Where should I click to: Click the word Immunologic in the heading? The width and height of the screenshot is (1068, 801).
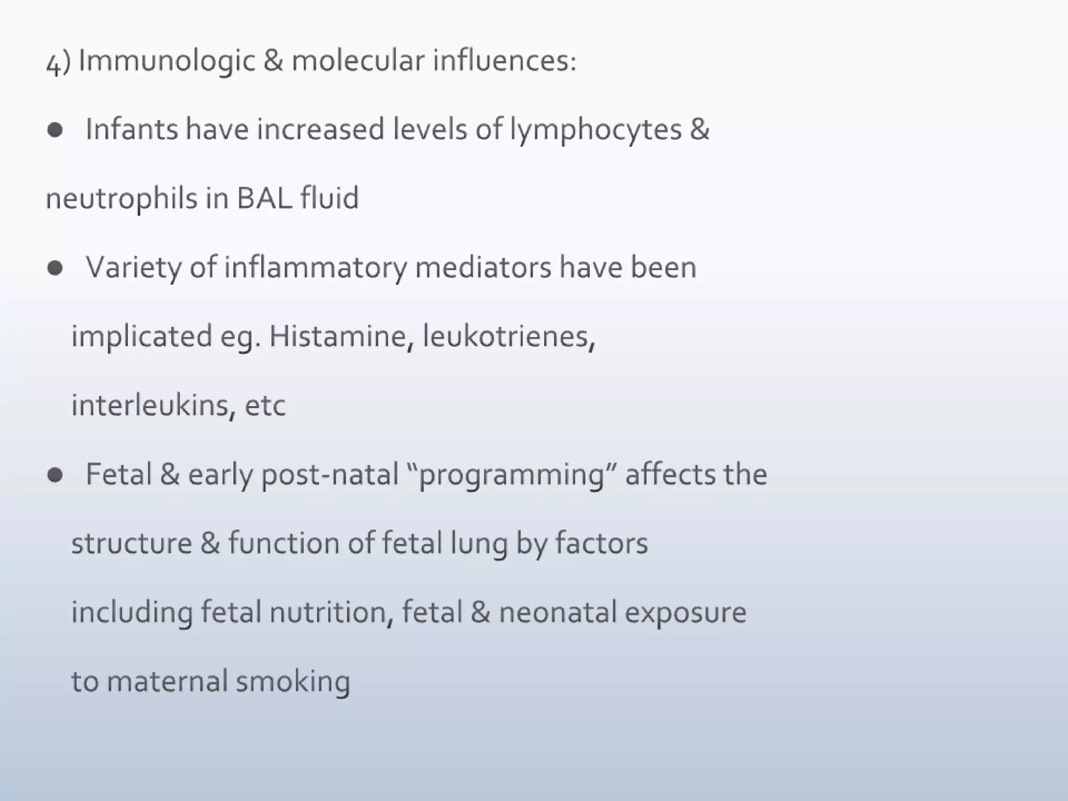point(166,61)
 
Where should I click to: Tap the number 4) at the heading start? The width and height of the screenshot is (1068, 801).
point(58,63)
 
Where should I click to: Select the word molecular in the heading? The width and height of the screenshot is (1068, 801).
point(358,60)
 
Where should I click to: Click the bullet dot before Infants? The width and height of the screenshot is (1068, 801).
point(55,130)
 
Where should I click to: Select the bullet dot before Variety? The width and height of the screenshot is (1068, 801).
point(55,268)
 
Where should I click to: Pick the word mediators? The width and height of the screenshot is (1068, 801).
point(483,268)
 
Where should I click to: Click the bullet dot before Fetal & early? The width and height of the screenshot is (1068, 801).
point(55,475)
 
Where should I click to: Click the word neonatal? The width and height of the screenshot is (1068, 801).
point(557,612)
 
